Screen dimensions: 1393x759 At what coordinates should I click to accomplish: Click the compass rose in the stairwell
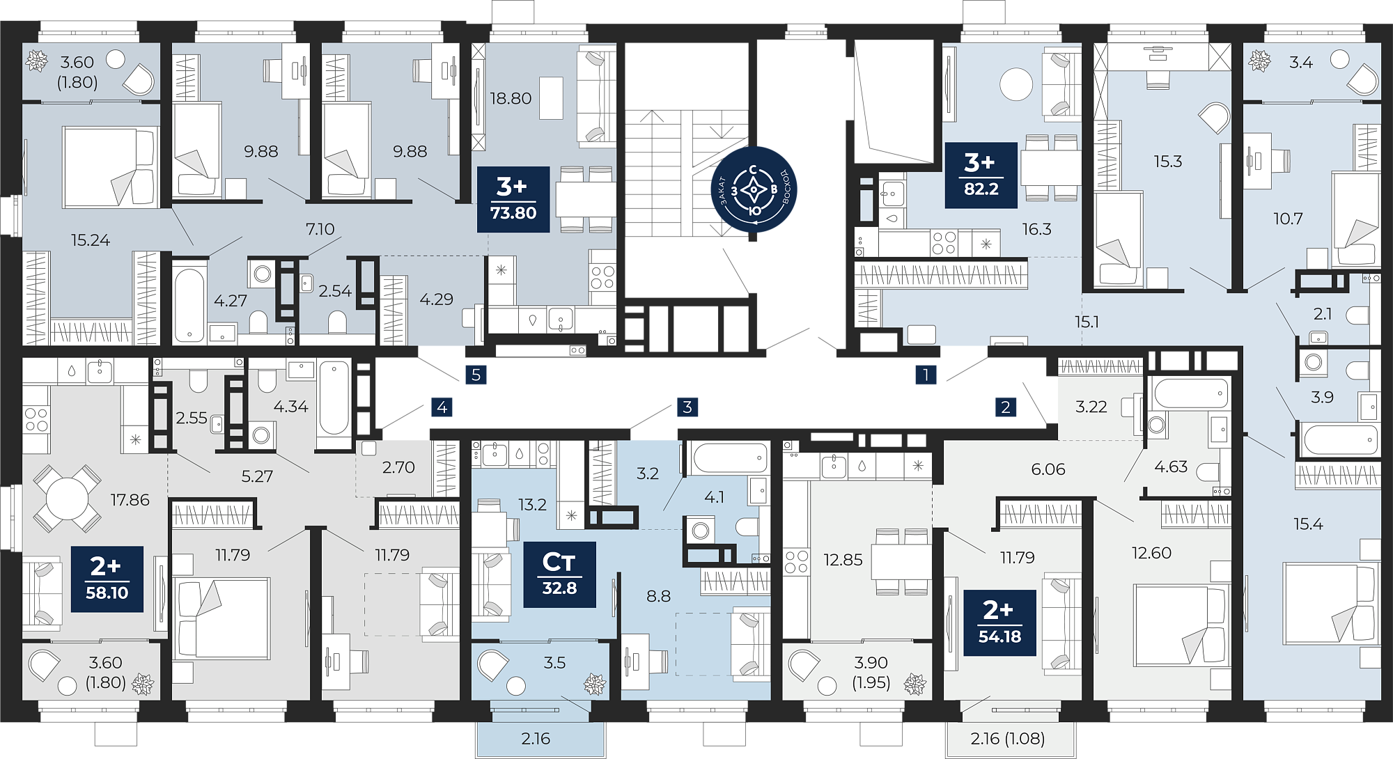pos(754,189)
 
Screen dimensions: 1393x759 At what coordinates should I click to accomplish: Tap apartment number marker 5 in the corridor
pos(476,375)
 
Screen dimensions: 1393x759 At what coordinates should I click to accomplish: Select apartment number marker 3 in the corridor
pos(687,407)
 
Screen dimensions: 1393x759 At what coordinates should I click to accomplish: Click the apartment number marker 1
pos(926,375)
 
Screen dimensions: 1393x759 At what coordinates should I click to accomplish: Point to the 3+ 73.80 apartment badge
pos(513,199)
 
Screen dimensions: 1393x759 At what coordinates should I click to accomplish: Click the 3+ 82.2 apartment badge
pos(981,175)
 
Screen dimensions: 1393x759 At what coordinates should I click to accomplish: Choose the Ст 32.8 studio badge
pos(559,574)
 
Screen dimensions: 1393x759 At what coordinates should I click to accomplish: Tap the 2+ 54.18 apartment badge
pos(999,623)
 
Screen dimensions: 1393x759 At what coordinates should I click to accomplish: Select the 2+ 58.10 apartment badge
pos(107,579)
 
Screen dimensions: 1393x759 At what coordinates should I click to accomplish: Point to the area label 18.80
pos(511,98)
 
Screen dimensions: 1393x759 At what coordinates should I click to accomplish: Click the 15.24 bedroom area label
pos(91,240)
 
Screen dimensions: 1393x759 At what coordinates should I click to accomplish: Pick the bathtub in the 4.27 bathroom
pos(189,304)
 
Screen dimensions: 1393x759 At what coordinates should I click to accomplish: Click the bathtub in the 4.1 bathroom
pos(729,458)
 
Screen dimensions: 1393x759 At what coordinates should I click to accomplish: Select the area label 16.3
pos(1036,229)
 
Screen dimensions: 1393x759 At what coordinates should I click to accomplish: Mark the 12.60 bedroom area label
pos(1151,553)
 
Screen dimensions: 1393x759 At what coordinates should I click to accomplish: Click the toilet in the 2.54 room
pos(337,322)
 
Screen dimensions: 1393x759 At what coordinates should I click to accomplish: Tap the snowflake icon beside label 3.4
pos(1259,61)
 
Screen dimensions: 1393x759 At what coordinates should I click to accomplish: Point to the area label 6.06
pos(1048,469)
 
